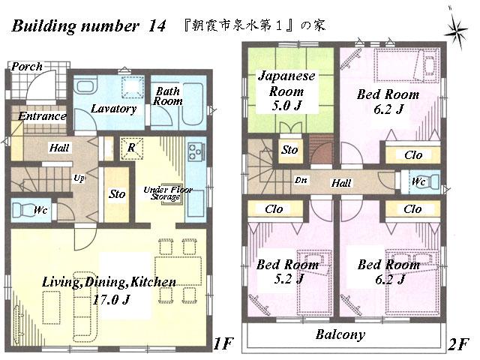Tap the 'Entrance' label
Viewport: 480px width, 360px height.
[x=41, y=116]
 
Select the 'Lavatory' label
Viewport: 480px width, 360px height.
[x=113, y=109]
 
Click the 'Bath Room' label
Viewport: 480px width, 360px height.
[x=168, y=97]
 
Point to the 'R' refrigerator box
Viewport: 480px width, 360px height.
[x=131, y=148]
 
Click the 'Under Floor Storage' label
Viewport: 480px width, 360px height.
[x=164, y=193]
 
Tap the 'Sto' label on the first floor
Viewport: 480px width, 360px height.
[x=116, y=193]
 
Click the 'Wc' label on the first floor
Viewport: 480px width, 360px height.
[x=40, y=210]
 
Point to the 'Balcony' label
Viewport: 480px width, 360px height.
[x=340, y=334]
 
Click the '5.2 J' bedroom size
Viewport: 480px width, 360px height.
[x=286, y=279]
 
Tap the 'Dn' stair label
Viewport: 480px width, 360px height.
[x=300, y=181]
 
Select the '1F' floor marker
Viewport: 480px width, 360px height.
[x=223, y=343]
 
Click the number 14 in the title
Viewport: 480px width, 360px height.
[x=157, y=26]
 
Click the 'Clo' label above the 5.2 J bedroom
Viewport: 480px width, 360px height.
[x=274, y=209]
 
